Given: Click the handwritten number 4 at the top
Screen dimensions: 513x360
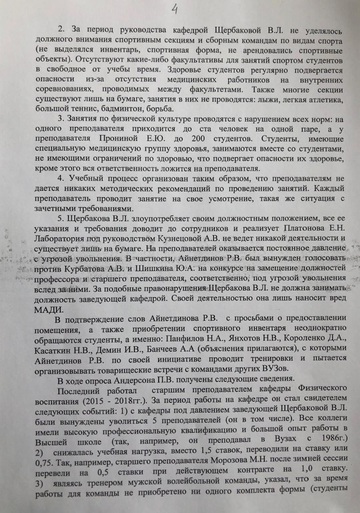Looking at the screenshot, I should click(x=175, y=9).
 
